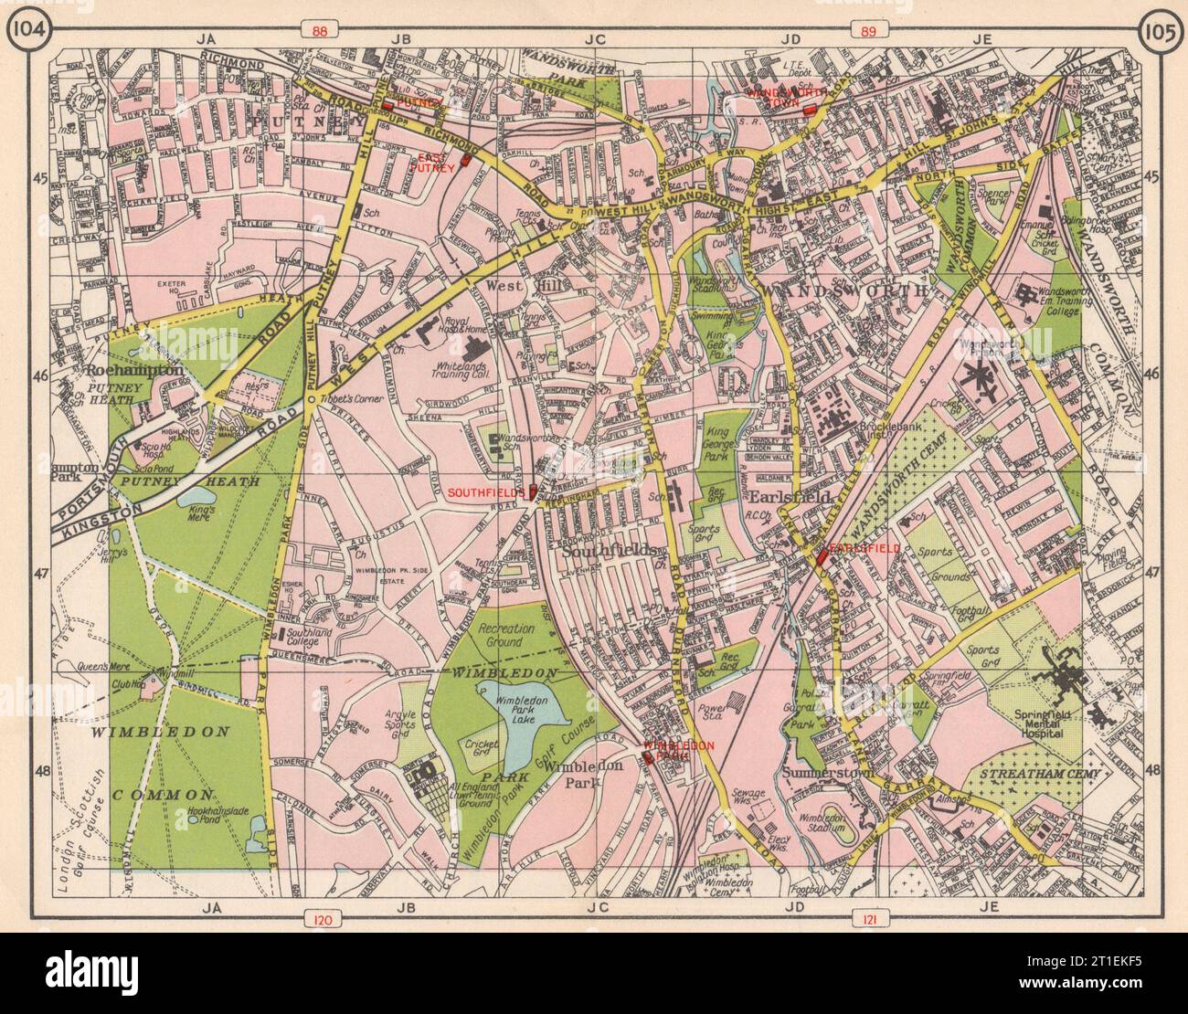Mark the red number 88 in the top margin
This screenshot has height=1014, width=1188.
(319, 32)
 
